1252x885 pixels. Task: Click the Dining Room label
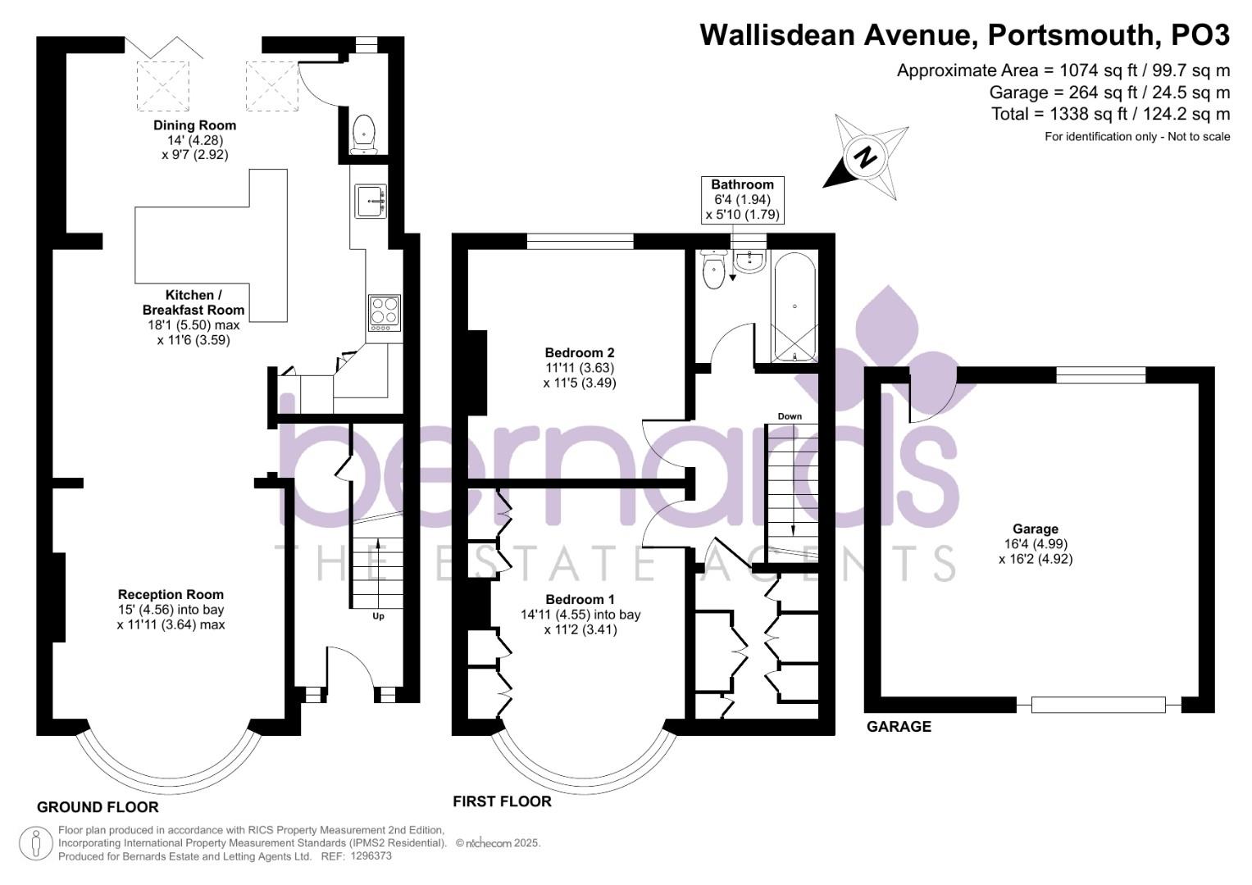(x=195, y=125)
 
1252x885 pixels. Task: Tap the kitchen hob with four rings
(x=385, y=313)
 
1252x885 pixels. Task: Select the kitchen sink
(x=370, y=201)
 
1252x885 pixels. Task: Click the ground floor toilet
(x=364, y=134)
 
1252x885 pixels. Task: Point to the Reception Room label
(x=171, y=594)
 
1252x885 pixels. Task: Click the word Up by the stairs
(x=379, y=616)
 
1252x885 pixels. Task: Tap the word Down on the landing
(x=790, y=416)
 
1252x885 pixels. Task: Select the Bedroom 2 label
(x=580, y=352)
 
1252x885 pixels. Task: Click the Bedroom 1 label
(x=580, y=600)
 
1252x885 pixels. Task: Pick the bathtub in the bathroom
(x=794, y=307)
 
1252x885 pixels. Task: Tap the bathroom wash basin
(x=749, y=261)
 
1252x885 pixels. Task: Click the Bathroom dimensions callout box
(x=743, y=200)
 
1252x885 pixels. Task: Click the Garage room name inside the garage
(x=1036, y=529)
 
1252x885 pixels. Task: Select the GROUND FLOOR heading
(x=98, y=807)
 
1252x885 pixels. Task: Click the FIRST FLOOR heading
(x=502, y=801)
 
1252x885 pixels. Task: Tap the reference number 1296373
(x=371, y=856)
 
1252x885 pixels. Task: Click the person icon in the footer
(x=36, y=843)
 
